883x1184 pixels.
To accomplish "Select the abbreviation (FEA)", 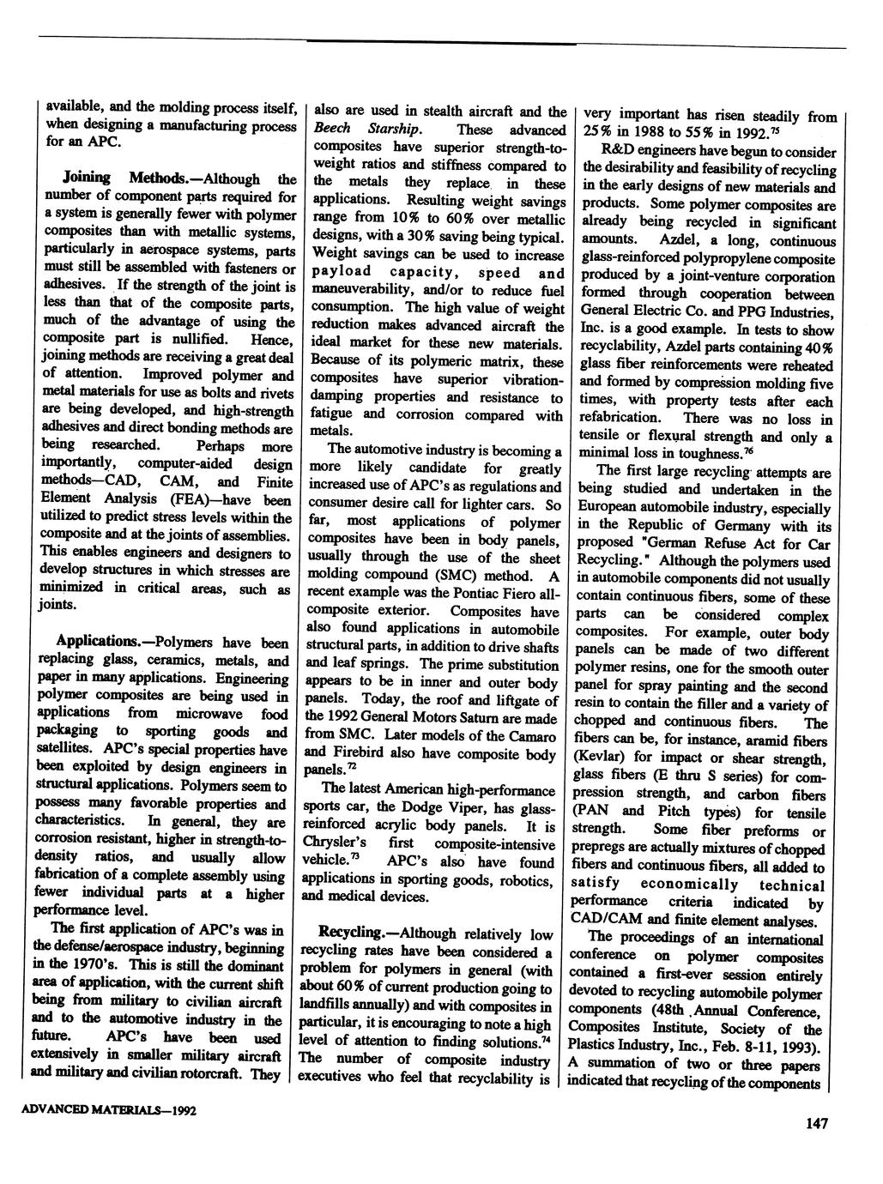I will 199,499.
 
